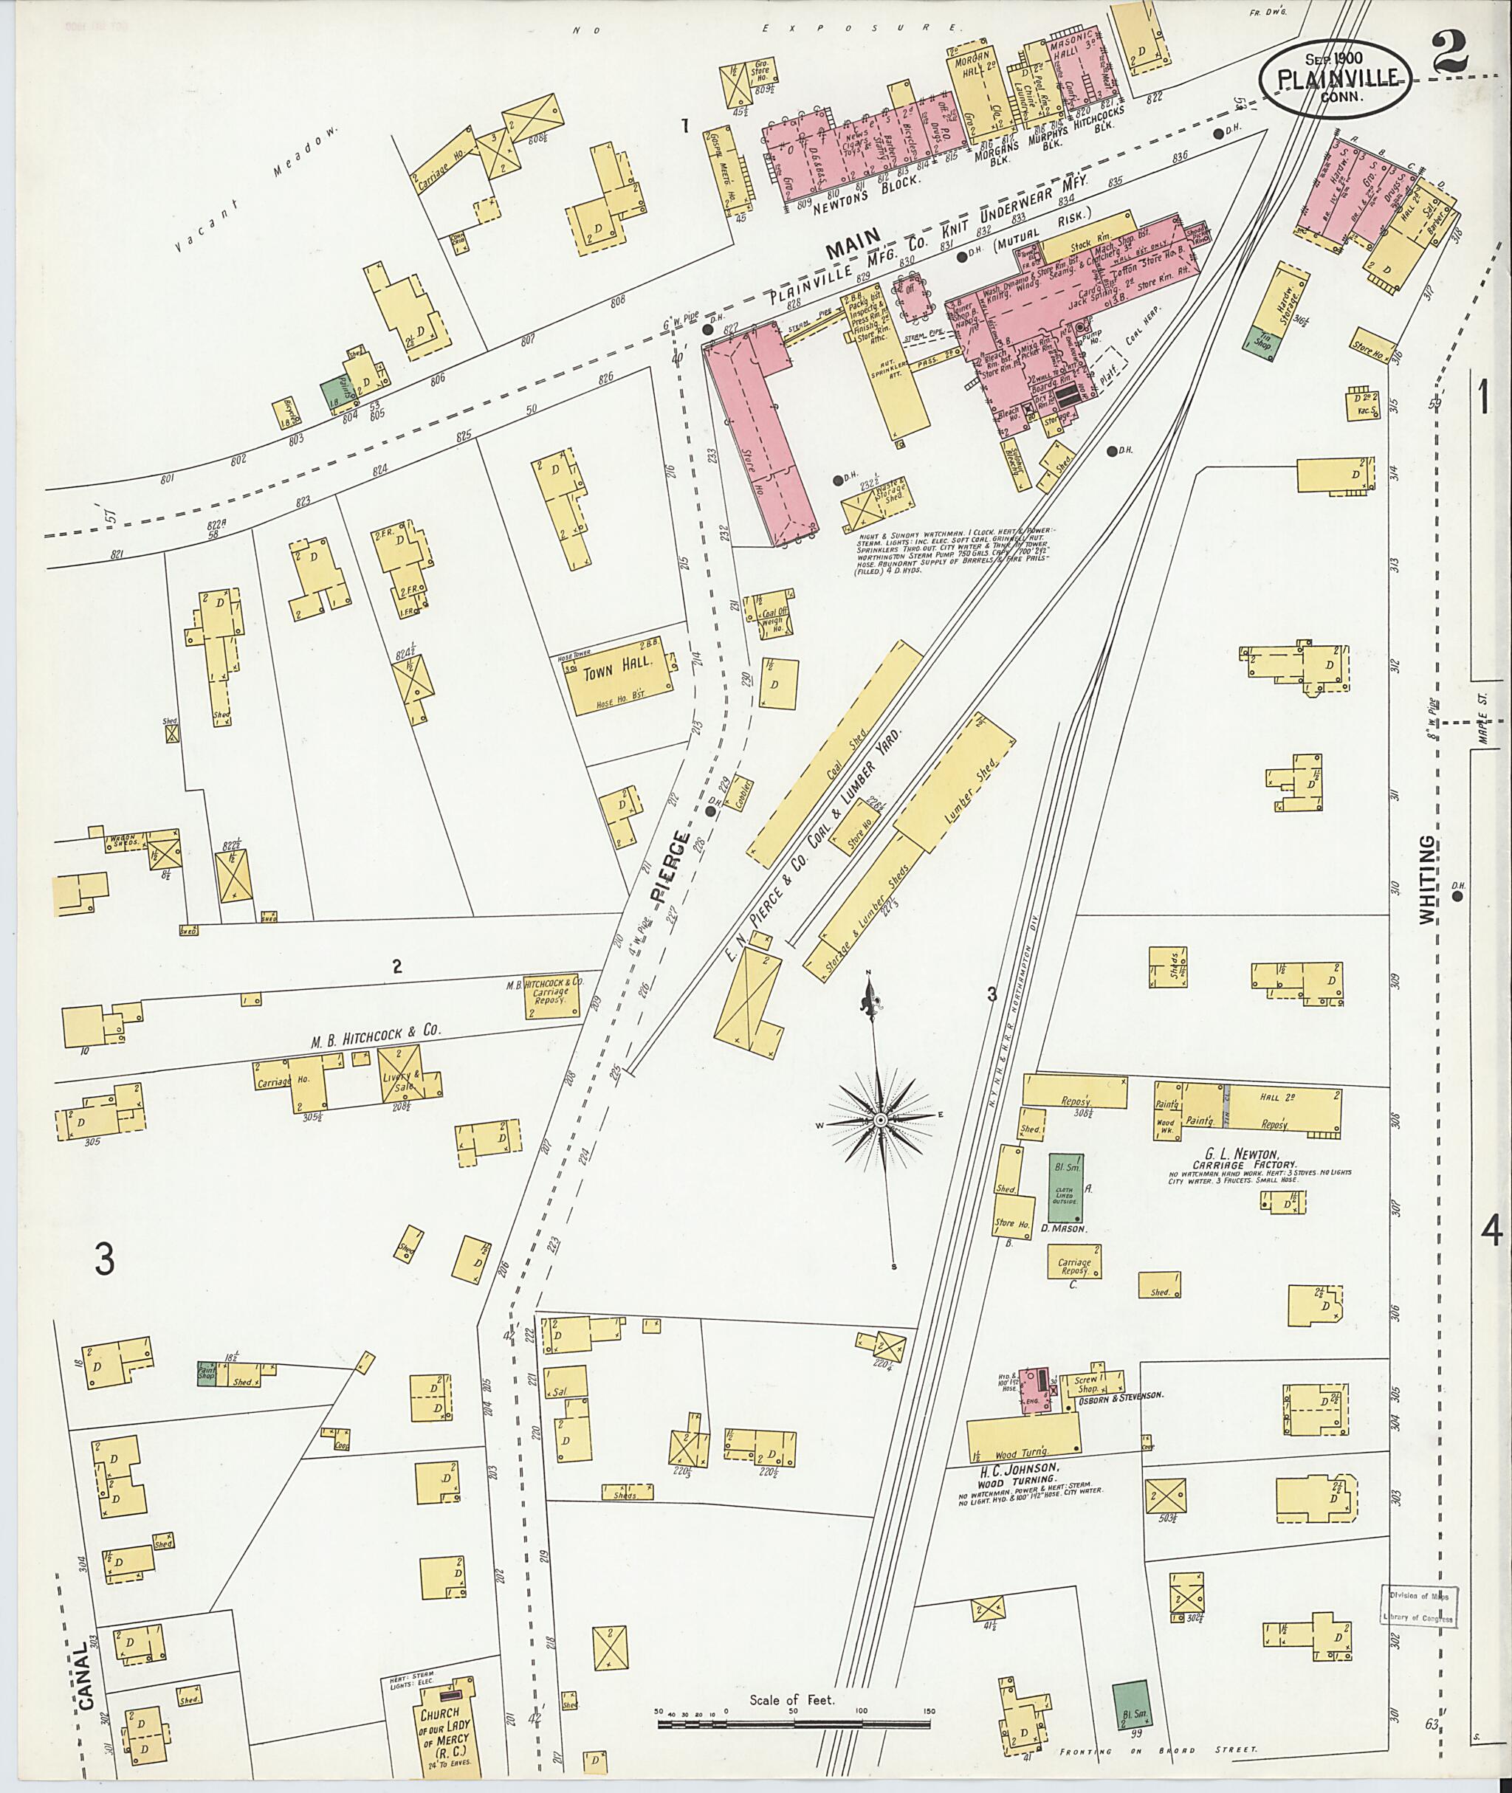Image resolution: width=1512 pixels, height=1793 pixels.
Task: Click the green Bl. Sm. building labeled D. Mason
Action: pyautogui.click(x=1065, y=1188)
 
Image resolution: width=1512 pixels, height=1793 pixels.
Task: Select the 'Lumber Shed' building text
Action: pyautogui.click(x=979, y=780)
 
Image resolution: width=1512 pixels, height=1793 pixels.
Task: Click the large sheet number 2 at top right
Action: pyautogui.click(x=1449, y=49)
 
